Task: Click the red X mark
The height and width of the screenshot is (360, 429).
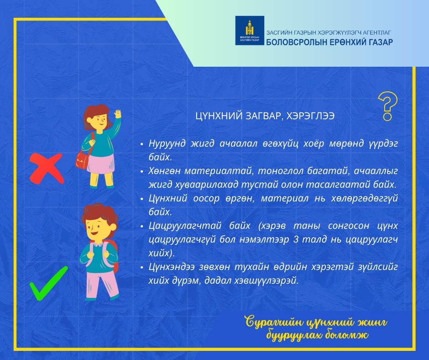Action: pyautogui.click(x=47, y=168)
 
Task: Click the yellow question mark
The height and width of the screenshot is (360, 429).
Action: pyautogui.click(x=387, y=106)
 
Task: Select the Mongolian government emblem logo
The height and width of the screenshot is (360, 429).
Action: pyautogui.click(x=250, y=30)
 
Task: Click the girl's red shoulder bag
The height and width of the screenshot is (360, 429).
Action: pyautogui.click(x=82, y=160)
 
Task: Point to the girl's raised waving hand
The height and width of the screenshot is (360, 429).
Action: pyautogui.click(x=118, y=114)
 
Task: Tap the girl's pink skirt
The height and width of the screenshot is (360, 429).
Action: pyautogui.click(x=101, y=164)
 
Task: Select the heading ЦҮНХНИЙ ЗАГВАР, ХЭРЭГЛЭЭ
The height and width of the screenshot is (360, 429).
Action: pyautogui.click(x=265, y=116)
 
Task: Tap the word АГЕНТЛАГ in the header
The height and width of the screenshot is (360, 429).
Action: pyautogui.click(x=377, y=32)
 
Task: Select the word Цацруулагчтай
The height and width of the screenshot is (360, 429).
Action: pyautogui.click(x=185, y=226)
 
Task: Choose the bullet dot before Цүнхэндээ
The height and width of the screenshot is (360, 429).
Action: pyautogui.click(x=142, y=267)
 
